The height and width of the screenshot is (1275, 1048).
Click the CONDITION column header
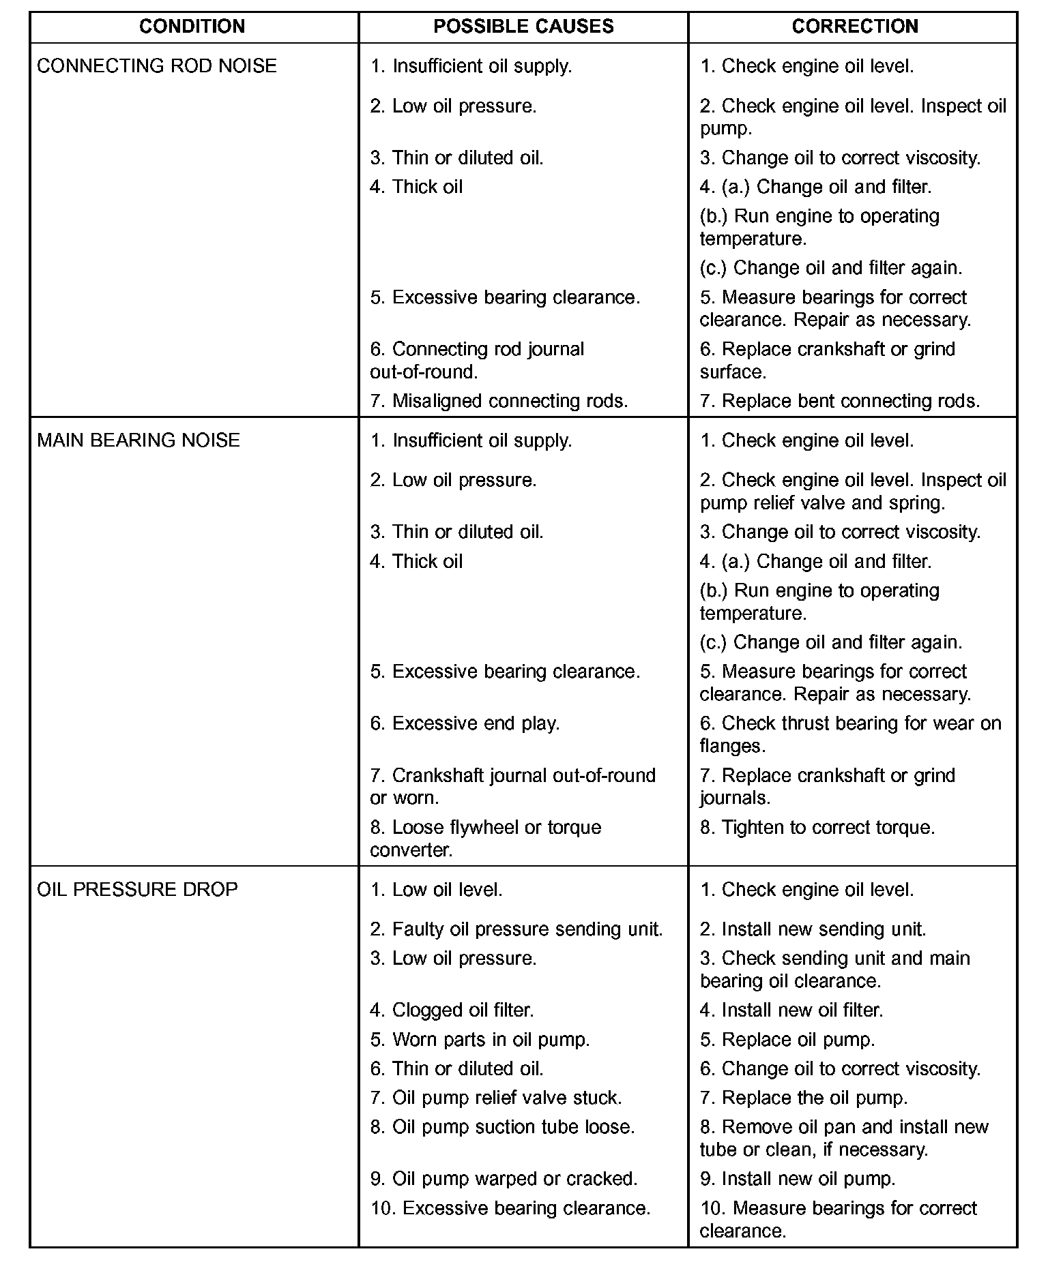coord(192,27)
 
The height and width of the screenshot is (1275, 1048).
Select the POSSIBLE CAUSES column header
coord(523,27)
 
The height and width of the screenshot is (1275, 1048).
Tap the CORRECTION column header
coord(854,27)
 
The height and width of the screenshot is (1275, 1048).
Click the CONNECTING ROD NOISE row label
coord(157,66)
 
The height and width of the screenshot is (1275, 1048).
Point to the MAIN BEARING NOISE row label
coord(139,440)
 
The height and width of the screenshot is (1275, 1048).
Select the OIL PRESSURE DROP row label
coord(137,890)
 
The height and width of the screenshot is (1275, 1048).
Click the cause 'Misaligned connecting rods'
coord(499,401)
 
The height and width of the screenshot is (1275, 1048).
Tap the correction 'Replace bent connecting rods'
coord(839,401)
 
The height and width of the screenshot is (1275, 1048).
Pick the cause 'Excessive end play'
coord(465,723)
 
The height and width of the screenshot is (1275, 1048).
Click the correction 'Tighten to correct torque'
coord(817,828)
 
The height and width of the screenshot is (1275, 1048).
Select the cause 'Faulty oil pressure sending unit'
coord(516,929)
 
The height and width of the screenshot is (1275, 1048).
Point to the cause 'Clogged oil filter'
coord(452,1010)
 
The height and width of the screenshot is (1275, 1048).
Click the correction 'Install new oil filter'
coord(791,1010)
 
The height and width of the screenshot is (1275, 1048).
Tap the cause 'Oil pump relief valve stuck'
coord(496,1098)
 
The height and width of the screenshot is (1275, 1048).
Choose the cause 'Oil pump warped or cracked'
coord(504,1179)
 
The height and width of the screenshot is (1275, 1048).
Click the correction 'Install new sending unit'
coord(813,929)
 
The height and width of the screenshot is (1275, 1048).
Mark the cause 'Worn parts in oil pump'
coord(480,1040)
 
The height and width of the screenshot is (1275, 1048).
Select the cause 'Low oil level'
coord(436,890)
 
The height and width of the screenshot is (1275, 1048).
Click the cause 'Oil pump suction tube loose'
coord(502,1127)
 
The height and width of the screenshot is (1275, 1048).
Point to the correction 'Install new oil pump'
coord(797,1179)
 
